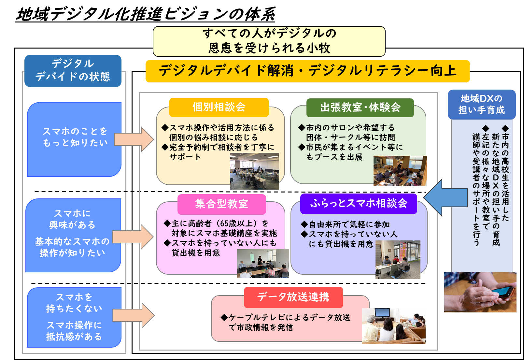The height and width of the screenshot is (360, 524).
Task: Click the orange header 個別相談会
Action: pyautogui.click(x=219, y=107)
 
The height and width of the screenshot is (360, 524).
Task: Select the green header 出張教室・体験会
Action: pyautogui.click(x=360, y=108)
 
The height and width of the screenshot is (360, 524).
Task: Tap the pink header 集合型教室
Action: pyautogui.click(x=221, y=204)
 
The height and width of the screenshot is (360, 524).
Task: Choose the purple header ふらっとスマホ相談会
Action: pyautogui.click(x=359, y=204)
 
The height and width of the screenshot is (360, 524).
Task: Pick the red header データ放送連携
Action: pyautogui.click(x=293, y=297)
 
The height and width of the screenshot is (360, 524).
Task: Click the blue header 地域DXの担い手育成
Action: pyautogui.click(x=481, y=104)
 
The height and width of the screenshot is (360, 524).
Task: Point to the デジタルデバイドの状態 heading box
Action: pyautogui.click(x=73, y=70)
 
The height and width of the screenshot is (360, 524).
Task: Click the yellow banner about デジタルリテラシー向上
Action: pyautogui.click(x=307, y=71)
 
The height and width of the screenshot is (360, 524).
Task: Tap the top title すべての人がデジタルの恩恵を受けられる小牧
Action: pyautogui.click(x=269, y=41)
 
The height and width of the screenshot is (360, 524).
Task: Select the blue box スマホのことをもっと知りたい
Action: pyautogui.click(x=75, y=139)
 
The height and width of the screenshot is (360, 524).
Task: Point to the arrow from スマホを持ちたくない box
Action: pyautogui.click(x=134, y=315)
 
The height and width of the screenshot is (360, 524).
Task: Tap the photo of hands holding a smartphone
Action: pyautogui.click(x=480, y=292)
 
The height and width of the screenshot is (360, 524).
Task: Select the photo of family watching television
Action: pyautogui.click(x=394, y=326)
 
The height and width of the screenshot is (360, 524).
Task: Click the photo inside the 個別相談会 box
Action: pyautogui.click(x=254, y=171)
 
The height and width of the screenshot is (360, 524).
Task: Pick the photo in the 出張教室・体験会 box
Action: pyautogui.click(x=400, y=171)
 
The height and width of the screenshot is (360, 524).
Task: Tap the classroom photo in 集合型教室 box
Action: pyautogui.click(x=263, y=264)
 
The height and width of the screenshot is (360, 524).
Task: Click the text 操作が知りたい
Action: pyautogui.click(x=72, y=253)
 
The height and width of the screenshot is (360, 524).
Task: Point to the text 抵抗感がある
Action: pyautogui.click(x=74, y=337)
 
